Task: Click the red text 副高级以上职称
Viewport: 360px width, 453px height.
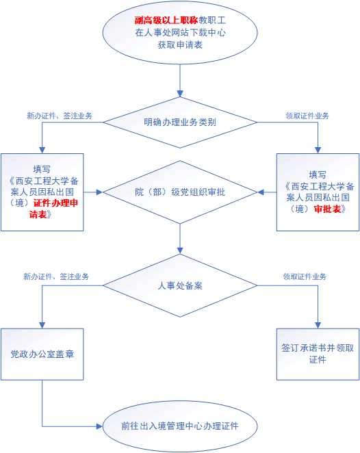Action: click(x=166, y=21)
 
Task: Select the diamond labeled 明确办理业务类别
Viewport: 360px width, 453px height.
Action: click(x=180, y=122)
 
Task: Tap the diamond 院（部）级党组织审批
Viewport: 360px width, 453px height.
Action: click(x=180, y=192)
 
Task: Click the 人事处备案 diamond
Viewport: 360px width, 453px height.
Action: click(x=180, y=285)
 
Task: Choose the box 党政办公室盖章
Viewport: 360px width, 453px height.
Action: click(x=42, y=354)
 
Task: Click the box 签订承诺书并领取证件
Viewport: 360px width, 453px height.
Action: click(x=318, y=354)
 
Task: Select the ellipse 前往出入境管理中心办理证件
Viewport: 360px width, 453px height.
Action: click(x=180, y=426)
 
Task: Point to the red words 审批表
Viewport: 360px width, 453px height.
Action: click(x=328, y=209)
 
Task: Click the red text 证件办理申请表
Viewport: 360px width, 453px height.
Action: click(x=53, y=209)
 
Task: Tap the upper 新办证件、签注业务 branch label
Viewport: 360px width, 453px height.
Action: click(x=60, y=116)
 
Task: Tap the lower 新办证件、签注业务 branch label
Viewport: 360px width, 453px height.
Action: click(x=56, y=276)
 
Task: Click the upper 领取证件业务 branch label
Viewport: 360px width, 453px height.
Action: click(x=307, y=116)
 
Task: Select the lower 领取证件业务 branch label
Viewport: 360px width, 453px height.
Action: click(x=305, y=276)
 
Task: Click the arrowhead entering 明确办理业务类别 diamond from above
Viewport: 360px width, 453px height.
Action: click(x=180, y=94)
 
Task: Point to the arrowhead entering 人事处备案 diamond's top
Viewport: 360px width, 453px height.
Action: click(x=180, y=250)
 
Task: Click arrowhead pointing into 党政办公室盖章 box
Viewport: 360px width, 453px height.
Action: click(x=42, y=325)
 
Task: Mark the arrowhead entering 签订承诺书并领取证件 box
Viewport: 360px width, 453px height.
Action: click(x=318, y=325)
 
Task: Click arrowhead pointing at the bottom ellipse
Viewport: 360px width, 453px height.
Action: click(x=99, y=426)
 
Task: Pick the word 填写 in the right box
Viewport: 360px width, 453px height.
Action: click(x=318, y=174)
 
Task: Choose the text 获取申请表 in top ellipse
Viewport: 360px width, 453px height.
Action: click(x=180, y=44)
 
